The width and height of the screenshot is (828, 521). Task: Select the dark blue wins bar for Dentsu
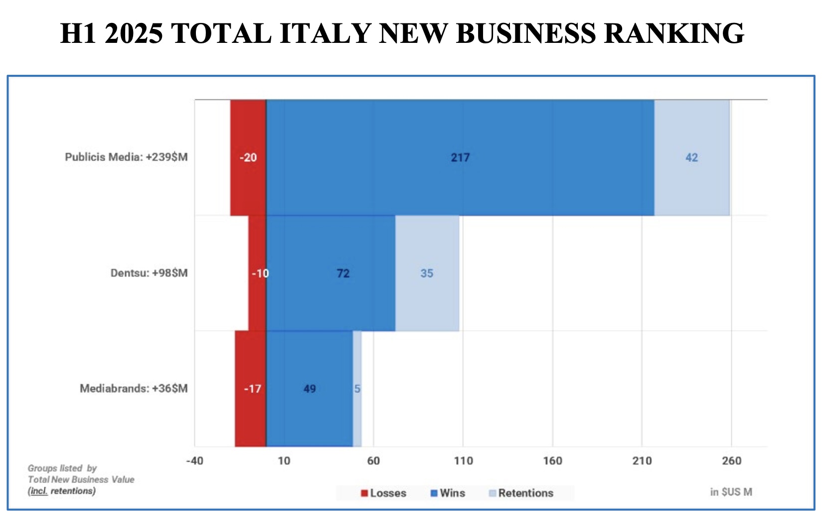point(331,299)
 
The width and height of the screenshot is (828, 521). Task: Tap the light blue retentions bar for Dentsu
point(427,299)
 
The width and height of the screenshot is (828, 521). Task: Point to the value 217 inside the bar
point(460,158)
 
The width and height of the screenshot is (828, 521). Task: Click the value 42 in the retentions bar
point(691,158)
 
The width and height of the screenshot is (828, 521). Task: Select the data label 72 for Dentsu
point(343,273)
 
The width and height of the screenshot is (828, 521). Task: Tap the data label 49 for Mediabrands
point(310,389)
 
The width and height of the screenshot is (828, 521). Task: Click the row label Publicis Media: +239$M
point(126,157)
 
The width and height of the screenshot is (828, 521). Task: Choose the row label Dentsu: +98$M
point(149,273)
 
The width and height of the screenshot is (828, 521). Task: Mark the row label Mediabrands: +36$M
point(134,388)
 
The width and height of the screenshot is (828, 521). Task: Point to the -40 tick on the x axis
point(194,461)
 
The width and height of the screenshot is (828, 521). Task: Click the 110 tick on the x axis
point(463,461)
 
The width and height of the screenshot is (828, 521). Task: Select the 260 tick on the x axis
point(731,461)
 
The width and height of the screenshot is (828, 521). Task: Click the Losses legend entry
point(384,493)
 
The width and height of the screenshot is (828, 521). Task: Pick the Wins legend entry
point(448,493)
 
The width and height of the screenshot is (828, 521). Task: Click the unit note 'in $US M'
point(731,492)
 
